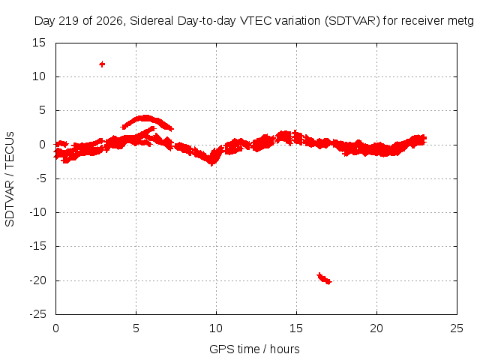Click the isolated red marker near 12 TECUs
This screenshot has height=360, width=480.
102,64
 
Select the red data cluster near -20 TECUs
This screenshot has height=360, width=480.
324,278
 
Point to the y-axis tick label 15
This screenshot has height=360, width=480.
39,43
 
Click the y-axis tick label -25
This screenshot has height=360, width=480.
38,314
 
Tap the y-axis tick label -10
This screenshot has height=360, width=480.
38,212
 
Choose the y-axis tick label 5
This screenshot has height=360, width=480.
42,110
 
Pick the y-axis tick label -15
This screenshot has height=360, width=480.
38,246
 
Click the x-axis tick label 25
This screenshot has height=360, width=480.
457,328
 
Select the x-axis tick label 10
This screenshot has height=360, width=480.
216,328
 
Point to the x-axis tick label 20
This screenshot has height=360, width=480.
376,328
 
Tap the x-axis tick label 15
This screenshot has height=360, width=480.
296,328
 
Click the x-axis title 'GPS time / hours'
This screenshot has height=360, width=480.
254,349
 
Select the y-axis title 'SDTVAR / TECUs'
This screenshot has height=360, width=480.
10,179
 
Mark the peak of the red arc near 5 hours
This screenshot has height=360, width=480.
145,118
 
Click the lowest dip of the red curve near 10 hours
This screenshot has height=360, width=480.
211,163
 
